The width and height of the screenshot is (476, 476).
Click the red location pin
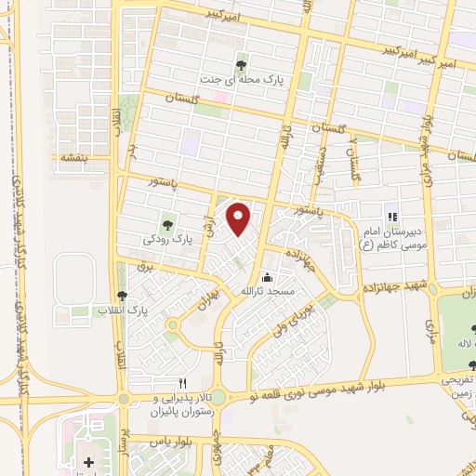240,218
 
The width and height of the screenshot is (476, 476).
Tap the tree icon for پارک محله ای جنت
242,65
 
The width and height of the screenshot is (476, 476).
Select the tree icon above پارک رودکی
168,223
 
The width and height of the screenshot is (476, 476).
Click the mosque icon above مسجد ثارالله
268,277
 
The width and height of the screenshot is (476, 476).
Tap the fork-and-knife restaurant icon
183,383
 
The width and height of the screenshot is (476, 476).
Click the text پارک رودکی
173,239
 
